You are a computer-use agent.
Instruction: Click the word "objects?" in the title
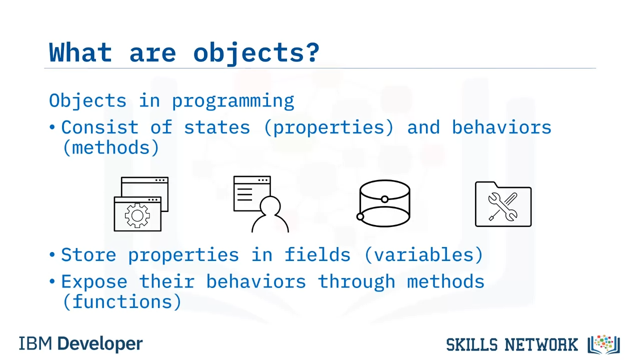point(256,53)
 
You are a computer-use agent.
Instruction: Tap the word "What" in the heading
point(80,52)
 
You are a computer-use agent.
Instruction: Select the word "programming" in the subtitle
point(233,101)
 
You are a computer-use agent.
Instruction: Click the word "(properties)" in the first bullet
point(329,128)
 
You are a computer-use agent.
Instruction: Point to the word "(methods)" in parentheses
point(110,147)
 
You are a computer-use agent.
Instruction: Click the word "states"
point(217,127)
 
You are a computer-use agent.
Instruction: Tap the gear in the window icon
point(137,215)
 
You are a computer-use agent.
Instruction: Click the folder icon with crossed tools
point(503,204)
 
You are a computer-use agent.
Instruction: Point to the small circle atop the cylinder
point(385,199)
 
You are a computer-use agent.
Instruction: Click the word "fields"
point(317,254)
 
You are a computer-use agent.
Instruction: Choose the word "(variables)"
point(423,255)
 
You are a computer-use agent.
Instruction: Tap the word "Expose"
point(94,282)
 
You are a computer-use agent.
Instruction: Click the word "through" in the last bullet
point(356,282)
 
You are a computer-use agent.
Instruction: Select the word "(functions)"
point(122,301)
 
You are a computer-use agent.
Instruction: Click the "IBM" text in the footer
point(35,343)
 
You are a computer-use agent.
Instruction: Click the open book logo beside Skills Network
point(603,344)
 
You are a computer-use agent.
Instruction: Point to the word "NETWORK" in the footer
point(541,344)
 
